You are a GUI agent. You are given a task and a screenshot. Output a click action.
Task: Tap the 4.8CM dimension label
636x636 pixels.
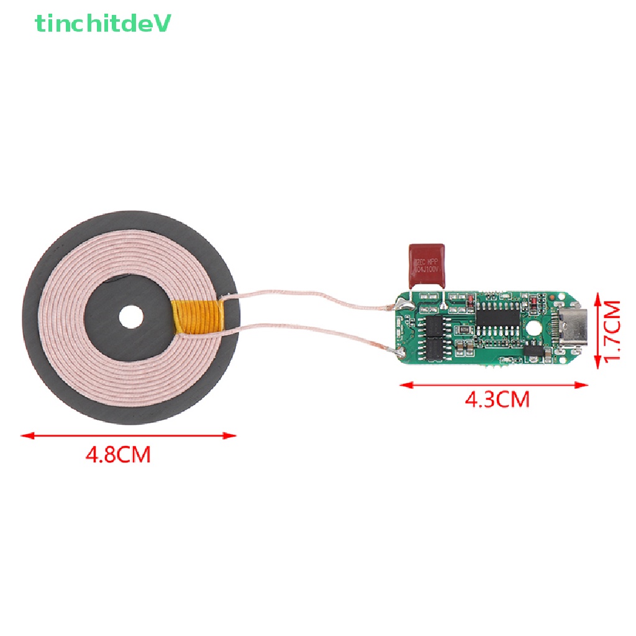coord(118,455)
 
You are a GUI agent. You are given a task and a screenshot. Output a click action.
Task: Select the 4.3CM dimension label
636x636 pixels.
coord(497,399)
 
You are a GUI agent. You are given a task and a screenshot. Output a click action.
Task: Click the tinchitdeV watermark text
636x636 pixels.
coord(103,24)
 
